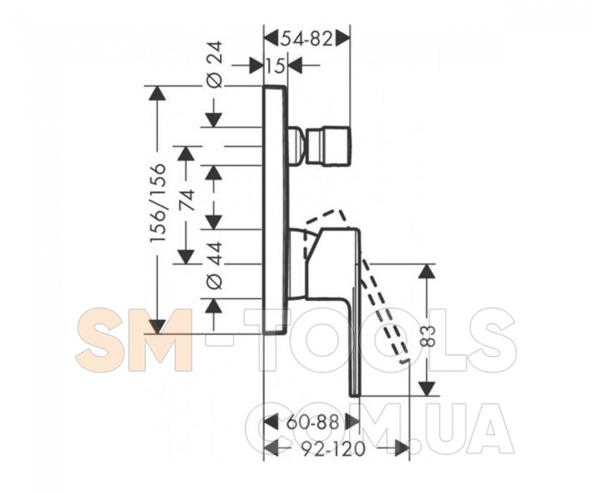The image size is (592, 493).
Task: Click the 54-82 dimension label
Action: [306, 39]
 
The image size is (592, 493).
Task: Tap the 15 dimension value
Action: [276, 67]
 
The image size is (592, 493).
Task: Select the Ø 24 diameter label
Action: [216, 65]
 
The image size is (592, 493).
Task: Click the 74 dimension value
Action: [187, 201]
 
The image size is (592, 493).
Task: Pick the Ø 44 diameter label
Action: [216, 265]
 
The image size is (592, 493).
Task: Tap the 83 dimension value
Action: [429, 337]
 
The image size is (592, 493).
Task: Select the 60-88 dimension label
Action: [313, 422]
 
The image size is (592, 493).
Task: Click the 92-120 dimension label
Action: [334, 449]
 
